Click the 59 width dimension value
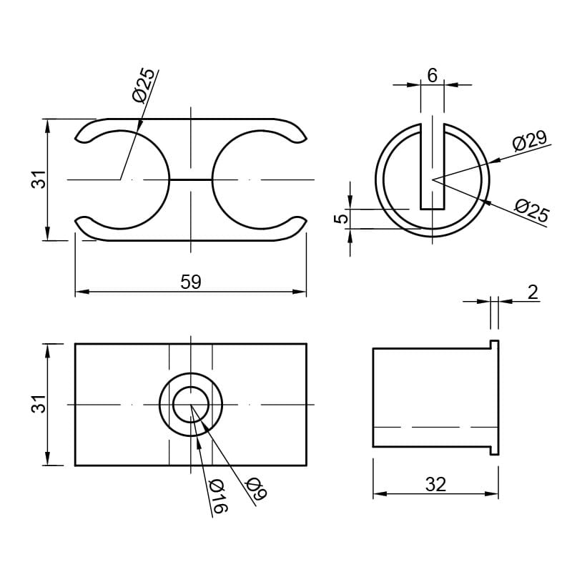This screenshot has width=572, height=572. coord(191,282)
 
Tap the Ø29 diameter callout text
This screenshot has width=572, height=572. coord(530,141)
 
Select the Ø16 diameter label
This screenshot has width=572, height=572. coord(218,496)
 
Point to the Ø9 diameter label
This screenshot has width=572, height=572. coord(257,488)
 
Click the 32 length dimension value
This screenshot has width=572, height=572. coord(435,485)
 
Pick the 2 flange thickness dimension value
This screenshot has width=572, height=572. coord(533,292)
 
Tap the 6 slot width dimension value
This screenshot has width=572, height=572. coord(433,76)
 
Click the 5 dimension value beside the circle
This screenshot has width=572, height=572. coord(342,219)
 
